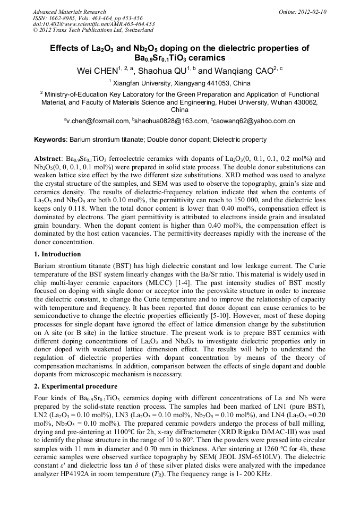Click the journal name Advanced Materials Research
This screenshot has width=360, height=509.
pos(69,12)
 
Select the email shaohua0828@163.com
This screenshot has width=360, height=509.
pos(172,121)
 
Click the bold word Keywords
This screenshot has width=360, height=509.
pos(50,140)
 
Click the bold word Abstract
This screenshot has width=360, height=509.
pos(48,159)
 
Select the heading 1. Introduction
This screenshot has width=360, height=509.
pos(57,254)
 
